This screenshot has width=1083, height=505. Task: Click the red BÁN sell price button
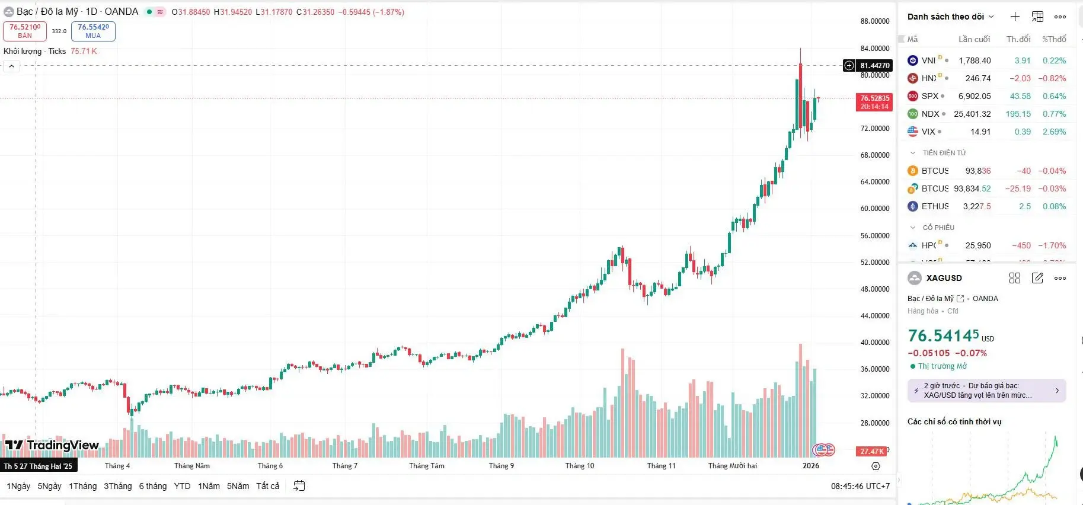tap(25, 31)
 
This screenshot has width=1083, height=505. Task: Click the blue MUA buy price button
tap(93, 31)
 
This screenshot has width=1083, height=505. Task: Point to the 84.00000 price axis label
tap(874, 49)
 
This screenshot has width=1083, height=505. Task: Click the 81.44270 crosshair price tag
tap(874, 66)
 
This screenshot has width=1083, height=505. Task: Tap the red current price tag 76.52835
tap(874, 102)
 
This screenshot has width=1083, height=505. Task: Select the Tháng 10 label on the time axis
tap(579, 466)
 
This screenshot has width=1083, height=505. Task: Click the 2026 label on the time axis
tap(810, 466)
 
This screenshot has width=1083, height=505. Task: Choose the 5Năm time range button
tap(238, 486)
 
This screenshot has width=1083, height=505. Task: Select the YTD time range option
tap(182, 486)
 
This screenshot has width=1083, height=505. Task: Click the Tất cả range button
tap(267, 486)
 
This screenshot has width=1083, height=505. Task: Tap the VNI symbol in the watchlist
tap(928, 60)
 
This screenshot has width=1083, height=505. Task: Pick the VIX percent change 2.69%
tap(1054, 132)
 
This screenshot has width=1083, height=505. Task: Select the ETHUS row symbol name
tap(935, 206)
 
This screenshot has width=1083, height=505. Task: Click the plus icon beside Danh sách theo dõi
tap(1015, 17)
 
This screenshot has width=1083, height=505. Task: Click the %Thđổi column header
tap(1054, 39)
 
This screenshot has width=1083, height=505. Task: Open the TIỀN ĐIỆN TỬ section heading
tap(944, 153)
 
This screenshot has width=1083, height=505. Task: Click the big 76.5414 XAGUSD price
tap(943, 336)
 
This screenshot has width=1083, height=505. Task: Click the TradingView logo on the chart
tap(52, 445)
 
